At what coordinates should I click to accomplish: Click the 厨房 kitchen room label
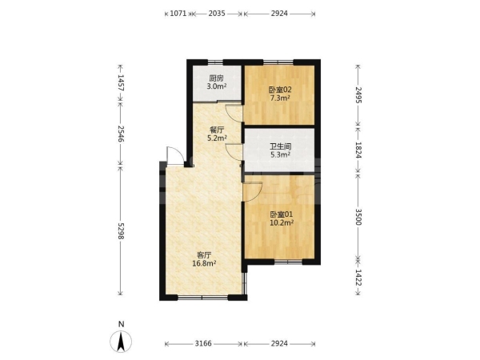pos(217,78)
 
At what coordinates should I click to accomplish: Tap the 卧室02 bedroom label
pos(280,90)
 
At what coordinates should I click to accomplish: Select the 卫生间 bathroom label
pos(281,146)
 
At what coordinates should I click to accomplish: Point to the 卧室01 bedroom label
pos(282,214)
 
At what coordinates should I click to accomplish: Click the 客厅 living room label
pos(204,255)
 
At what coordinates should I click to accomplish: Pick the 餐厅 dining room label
pos(217,130)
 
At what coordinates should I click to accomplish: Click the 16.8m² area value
pos(204,263)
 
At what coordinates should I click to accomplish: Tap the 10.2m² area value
pos(282,222)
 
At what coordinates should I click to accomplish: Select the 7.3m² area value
pos(280,98)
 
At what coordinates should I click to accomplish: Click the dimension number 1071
pos(178,13)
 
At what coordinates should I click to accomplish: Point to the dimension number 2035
pos(217,13)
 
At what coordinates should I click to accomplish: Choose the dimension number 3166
pos(203,343)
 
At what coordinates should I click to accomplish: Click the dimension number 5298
pos(121,231)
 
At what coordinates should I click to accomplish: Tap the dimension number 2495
pos(358,95)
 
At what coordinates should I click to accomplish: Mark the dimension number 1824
pos(358,150)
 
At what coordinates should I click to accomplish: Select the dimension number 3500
pos(358,217)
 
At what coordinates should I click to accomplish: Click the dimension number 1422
pos(358,278)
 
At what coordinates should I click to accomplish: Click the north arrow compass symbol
pos(122,341)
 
